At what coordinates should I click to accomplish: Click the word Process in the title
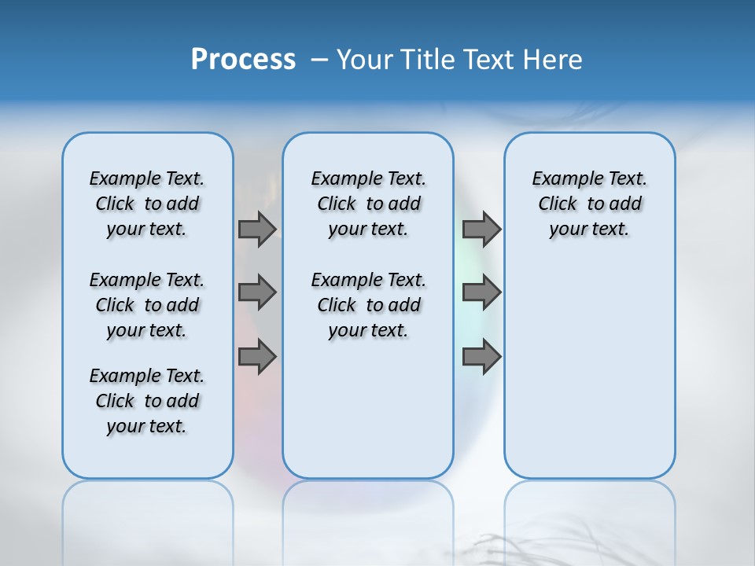click(x=243, y=60)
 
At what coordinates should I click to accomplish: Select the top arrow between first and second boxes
click(x=256, y=229)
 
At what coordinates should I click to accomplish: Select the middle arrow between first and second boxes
click(x=256, y=292)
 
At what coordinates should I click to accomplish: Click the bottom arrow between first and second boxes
click(x=256, y=357)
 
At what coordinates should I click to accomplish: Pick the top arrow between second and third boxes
click(x=481, y=229)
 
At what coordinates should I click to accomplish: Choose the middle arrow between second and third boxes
click(x=481, y=292)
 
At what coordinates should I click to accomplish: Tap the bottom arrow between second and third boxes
click(x=481, y=357)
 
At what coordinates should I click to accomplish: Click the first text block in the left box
click(x=147, y=204)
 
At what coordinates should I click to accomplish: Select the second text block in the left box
click(x=147, y=305)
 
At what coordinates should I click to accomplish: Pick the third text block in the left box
click(x=147, y=401)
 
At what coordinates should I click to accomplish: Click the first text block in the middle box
click(x=368, y=204)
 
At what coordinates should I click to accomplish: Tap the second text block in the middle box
click(x=368, y=305)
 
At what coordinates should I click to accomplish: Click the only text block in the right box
click(x=590, y=204)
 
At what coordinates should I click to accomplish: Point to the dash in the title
click(x=319, y=61)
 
